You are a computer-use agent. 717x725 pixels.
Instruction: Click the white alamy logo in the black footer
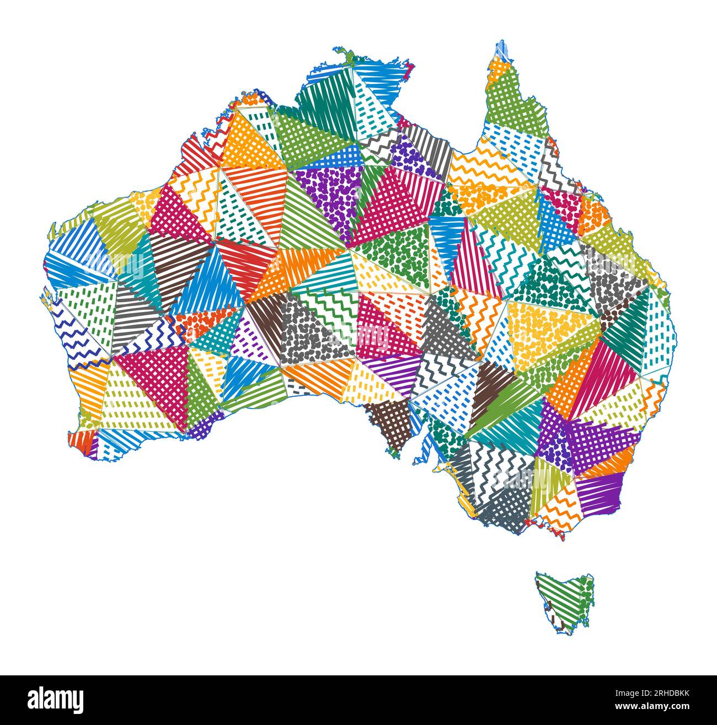[x=56, y=700]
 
